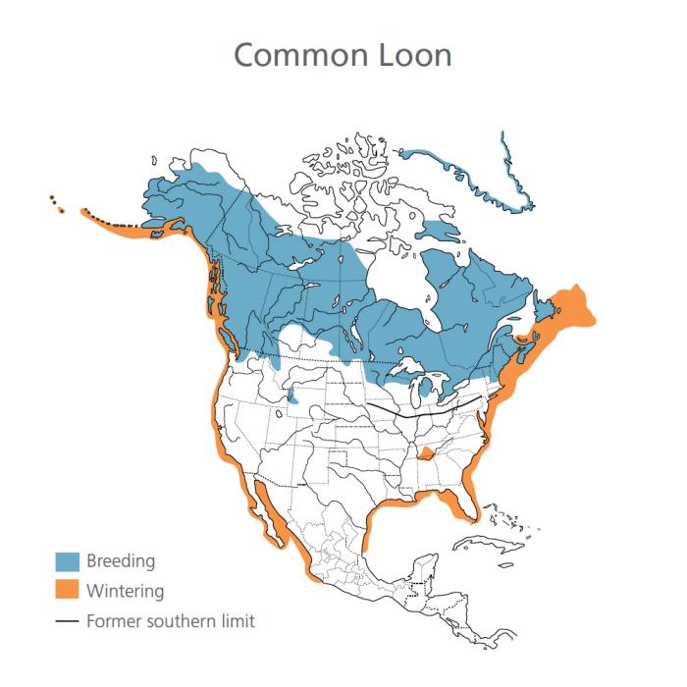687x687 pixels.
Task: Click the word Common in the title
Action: pos(297,55)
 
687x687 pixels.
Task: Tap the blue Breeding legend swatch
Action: pos(67,561)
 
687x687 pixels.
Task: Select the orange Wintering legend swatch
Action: pos(67,591)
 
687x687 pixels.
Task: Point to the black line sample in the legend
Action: pos(67,621)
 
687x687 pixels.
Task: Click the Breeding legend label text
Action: pos(121,561)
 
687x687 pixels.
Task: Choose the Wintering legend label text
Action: pos(125,591)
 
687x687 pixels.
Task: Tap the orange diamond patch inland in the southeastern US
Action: pos(426,454)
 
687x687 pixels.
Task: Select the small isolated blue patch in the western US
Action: pos(292,396)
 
